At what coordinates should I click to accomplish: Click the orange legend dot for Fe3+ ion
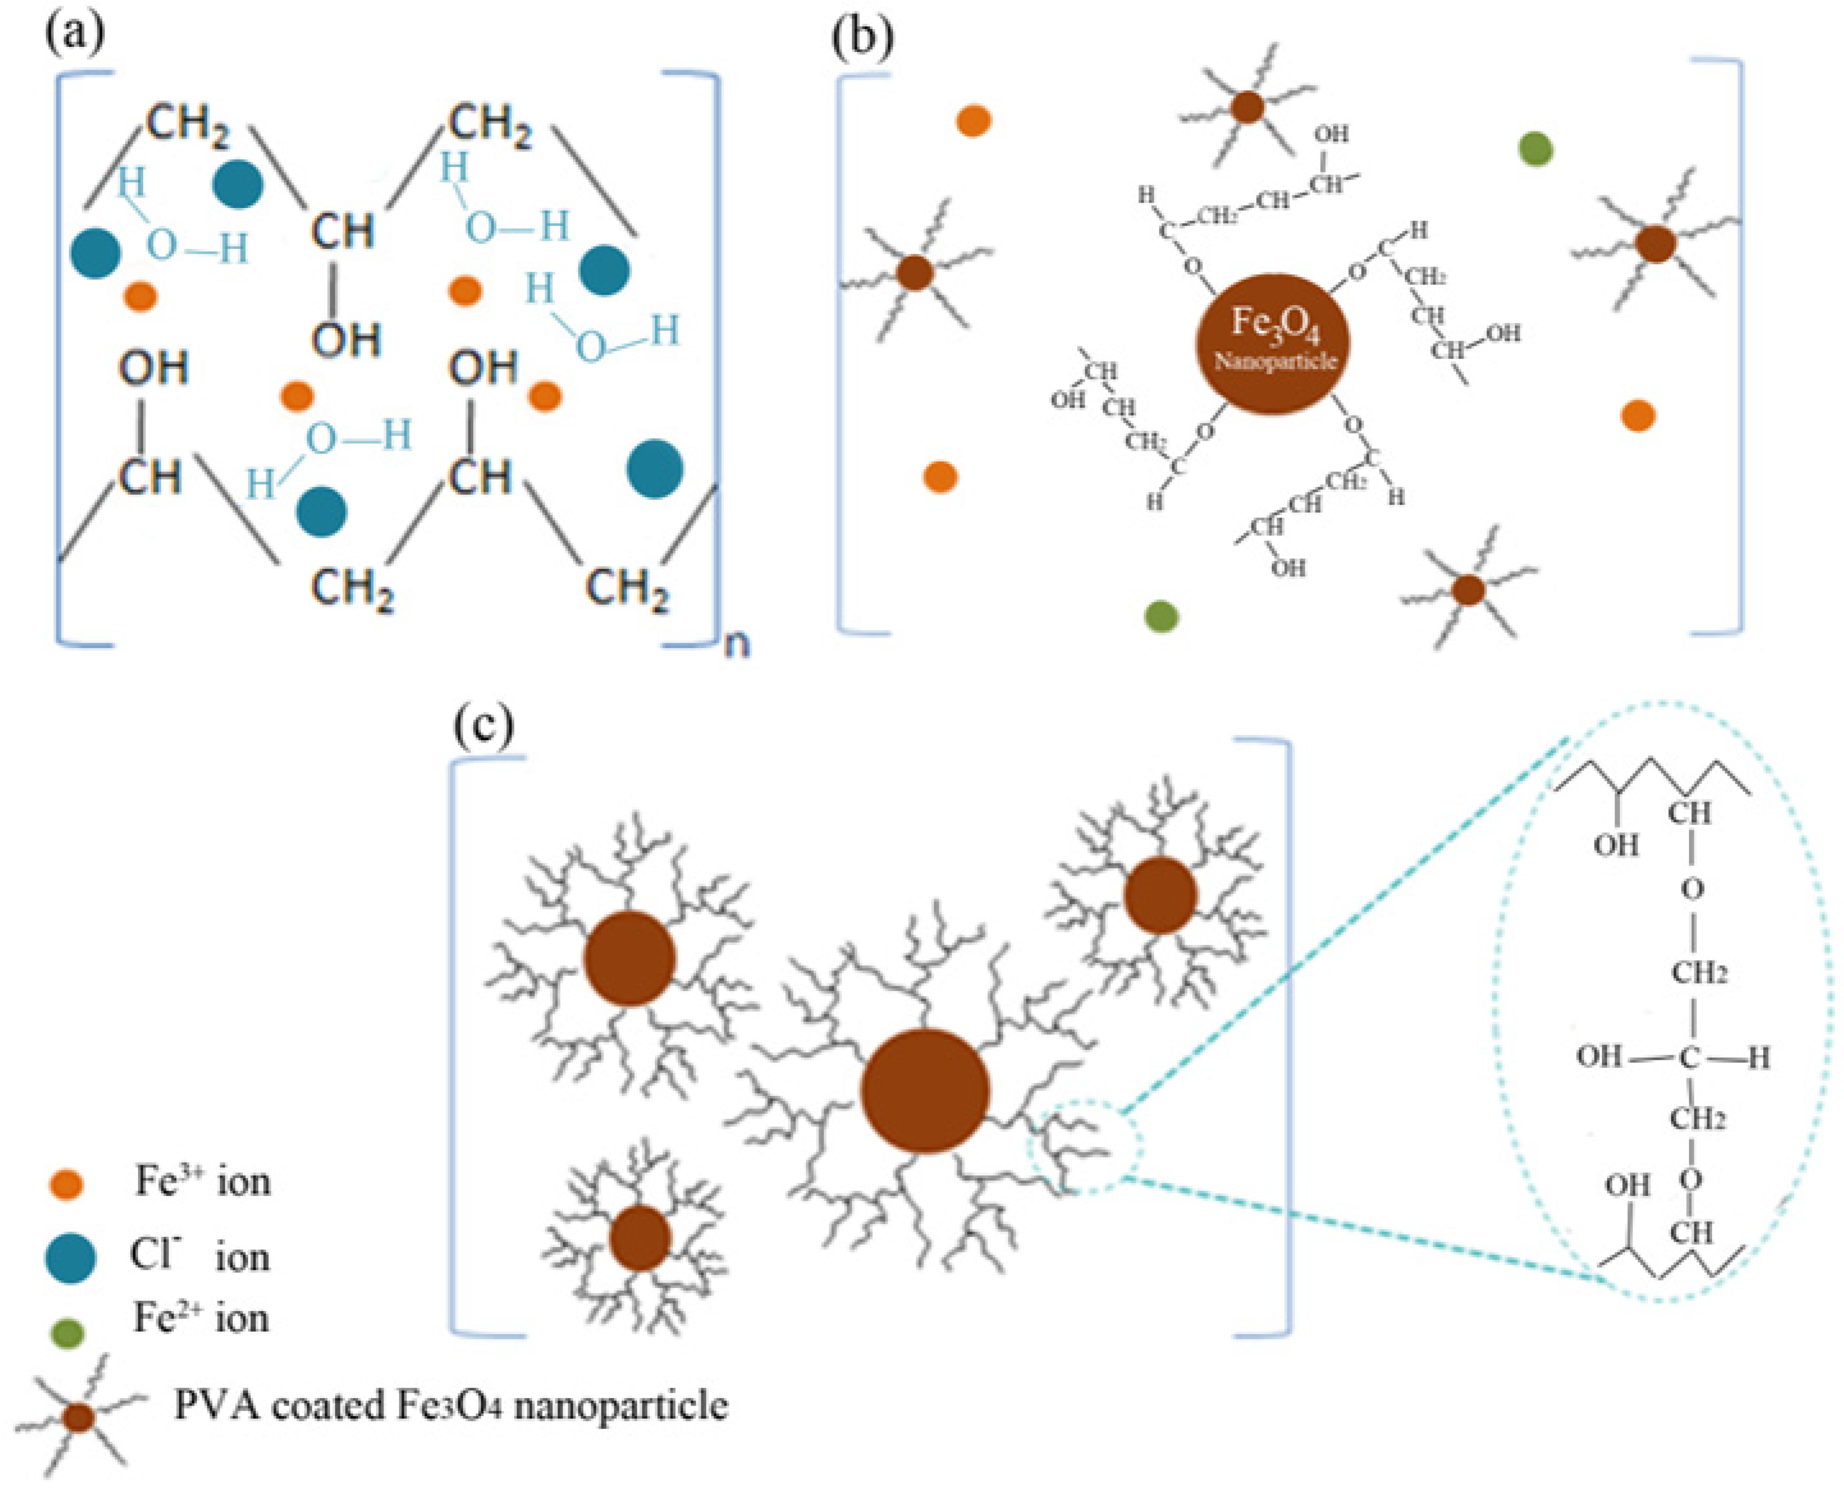click(67, 1184)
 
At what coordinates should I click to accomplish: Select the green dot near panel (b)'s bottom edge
click(1161, 615)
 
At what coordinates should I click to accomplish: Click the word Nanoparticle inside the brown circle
click(1275, 361)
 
